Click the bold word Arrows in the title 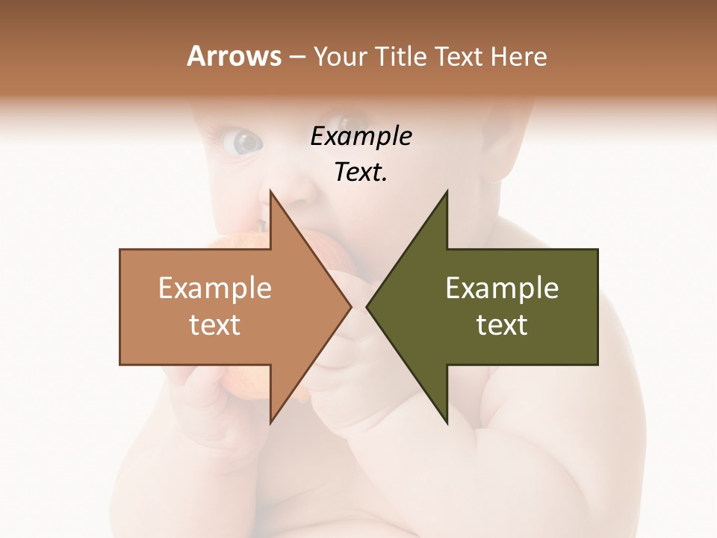pyautogui.click(x=234, y=56)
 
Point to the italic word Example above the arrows pyautogui.click(x=361, y=137)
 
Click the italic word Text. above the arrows pyautogui.click(x=361, y=173)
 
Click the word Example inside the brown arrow pyautogui.click(x=215, y=288)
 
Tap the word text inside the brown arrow pyautogui.click(x=215, y=325)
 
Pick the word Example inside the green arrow pyautogui.click(x=502, y=288)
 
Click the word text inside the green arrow pyautogui.click(x=502, y=325)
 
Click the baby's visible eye pyautogui.click(x=244, y=141)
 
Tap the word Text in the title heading pyautogui.click(x=459, y=56)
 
